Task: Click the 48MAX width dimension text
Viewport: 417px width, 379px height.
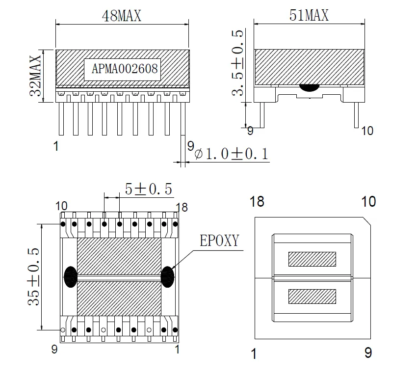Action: tap(121, 16)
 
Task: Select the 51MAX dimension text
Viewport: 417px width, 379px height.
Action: tap(309, 16)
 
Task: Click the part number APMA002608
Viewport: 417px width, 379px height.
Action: tap(125, 69)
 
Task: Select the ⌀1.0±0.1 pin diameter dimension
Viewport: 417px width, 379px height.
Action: tap(231, 154)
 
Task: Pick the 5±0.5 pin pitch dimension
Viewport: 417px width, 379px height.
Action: tap(148, 189)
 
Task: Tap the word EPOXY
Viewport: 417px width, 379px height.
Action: tap(219, 241)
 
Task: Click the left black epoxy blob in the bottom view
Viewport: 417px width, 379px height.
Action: tap(71, 277)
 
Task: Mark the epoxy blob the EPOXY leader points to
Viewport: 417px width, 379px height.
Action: tap(168, 277)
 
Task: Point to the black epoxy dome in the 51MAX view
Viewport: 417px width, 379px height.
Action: tap(309, 87)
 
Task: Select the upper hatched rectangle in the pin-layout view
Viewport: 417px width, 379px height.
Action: tap(312, 259)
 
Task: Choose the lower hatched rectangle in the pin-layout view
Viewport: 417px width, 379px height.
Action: tap(312, 296)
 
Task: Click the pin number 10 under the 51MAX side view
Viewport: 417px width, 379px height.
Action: tap(367, 131)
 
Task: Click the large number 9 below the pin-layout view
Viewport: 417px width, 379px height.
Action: tap(368, 352)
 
